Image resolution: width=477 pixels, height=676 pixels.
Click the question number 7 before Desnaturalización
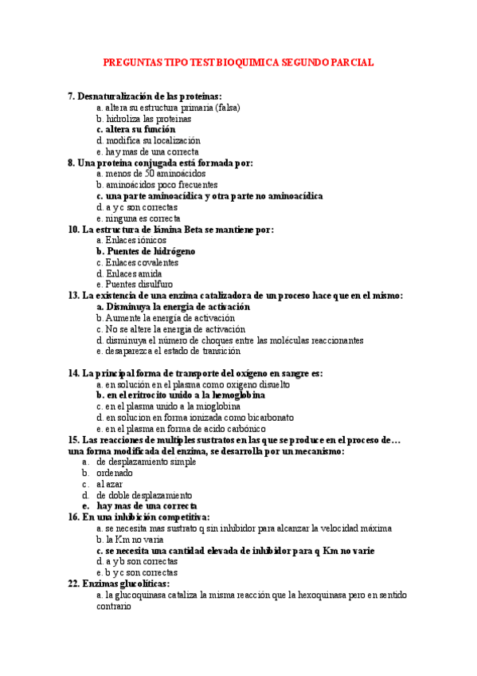click(71, 96)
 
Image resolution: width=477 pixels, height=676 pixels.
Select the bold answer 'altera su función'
click(140, 129)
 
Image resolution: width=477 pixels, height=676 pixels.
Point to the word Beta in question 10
click(197, 230)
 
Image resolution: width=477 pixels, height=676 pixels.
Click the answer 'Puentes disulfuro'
click(139, 284)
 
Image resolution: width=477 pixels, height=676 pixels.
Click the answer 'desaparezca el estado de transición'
click(172, 351)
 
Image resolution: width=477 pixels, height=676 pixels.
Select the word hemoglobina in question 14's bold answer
click(236, 395)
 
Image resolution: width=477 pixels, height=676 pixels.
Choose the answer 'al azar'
click(110, 484)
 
